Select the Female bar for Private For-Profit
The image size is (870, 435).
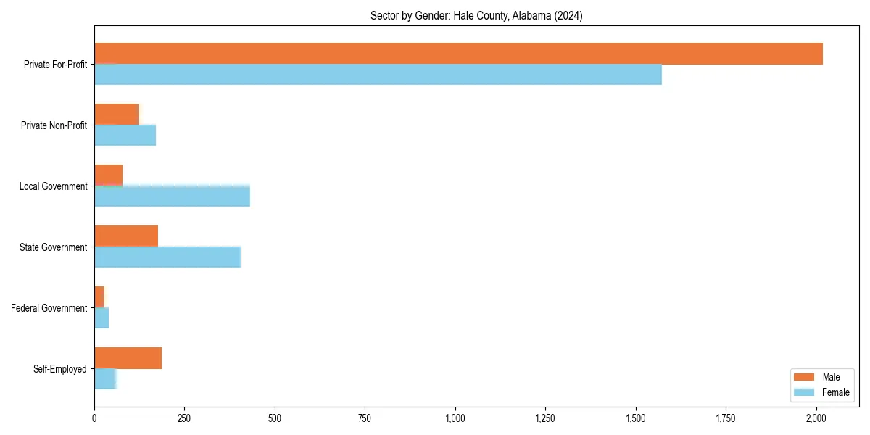click(x=378, y=74)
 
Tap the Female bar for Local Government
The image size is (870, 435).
click(x=172, y=196)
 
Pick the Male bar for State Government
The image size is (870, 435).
click(x=126, y=236)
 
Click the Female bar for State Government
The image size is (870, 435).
click(x=167, y=257)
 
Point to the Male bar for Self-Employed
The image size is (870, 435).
click(x=128, y=358)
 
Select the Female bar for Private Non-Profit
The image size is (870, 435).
click(x=125, y=135)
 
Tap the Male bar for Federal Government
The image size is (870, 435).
click(x=99, y=297)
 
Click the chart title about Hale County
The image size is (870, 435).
click(x=476, y=15)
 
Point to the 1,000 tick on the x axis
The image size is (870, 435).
click(x=455, y=418)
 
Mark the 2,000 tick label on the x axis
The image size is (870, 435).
click(x=816, y=418)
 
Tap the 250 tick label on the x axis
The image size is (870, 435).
click(x=184, y=418)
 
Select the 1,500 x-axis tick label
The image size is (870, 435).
click(x=636, y=418)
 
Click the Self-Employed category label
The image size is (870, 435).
click(x=60, y=369)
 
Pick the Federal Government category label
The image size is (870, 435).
click(x=49, y=308)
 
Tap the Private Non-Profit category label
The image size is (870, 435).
click(x=54, y=125)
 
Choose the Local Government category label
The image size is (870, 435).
click(x=53, y=186)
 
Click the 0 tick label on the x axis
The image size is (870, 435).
click(x=94, y=418)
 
